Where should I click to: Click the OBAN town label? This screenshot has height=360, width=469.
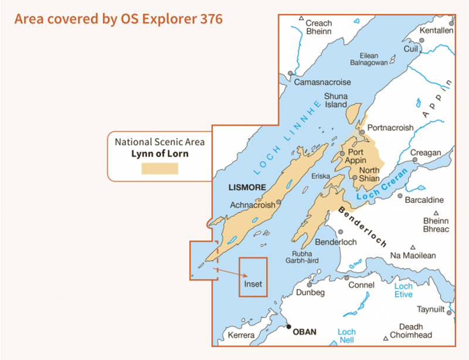[304, 332]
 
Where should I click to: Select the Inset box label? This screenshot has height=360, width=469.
[253, 284]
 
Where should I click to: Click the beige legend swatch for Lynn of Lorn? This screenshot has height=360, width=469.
[159, 168]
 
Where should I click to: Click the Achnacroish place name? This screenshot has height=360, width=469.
[253, 205]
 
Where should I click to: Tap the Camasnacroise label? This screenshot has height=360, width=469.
[323, 82]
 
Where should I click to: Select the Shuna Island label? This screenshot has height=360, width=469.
[336, 100]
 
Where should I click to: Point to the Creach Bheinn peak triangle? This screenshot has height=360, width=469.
[301, 19]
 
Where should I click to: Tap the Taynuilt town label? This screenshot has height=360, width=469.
[431, 309]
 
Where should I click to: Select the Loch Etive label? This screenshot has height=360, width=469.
[403, 290]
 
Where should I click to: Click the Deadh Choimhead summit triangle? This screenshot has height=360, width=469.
[385, 338]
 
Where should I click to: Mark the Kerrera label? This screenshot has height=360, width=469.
[242, 335]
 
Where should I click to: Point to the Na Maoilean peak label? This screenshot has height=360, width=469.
[413, 256]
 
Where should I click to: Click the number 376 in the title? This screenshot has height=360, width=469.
[210, 19]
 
